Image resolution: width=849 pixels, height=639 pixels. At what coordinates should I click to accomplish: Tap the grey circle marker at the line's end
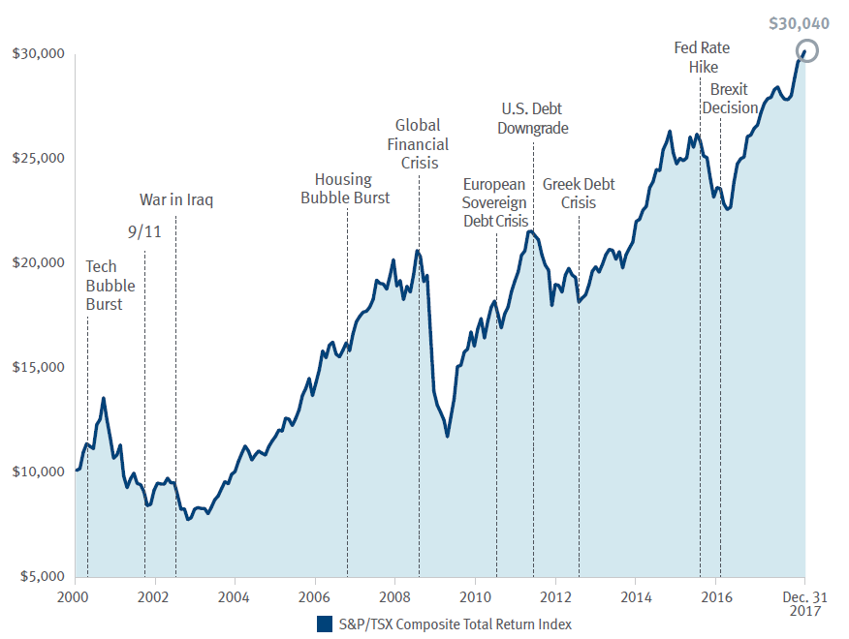pos(806,51)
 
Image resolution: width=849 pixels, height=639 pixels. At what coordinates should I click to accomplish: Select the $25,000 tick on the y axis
pos(38,158)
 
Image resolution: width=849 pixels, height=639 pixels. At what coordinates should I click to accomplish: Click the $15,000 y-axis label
pos(38,367)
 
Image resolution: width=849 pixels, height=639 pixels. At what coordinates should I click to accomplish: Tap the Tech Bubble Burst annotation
pos(110,286)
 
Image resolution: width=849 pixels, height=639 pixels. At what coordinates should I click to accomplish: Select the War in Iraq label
pos(176,200)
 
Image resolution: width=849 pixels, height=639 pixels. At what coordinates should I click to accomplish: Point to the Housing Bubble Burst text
pos(345,189)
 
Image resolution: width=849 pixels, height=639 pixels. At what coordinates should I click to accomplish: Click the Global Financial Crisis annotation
pos(418,144)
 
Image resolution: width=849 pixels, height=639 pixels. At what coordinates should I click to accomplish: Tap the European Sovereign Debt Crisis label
pos(495,202)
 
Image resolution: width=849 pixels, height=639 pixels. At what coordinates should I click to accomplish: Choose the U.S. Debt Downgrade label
pos(533,118)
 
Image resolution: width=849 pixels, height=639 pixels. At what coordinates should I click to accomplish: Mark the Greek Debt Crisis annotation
pos(579,194)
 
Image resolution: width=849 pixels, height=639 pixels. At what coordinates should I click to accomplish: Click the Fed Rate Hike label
pos(702,57)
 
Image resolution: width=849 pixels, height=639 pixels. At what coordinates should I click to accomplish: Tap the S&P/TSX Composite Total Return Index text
pos(455,624)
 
